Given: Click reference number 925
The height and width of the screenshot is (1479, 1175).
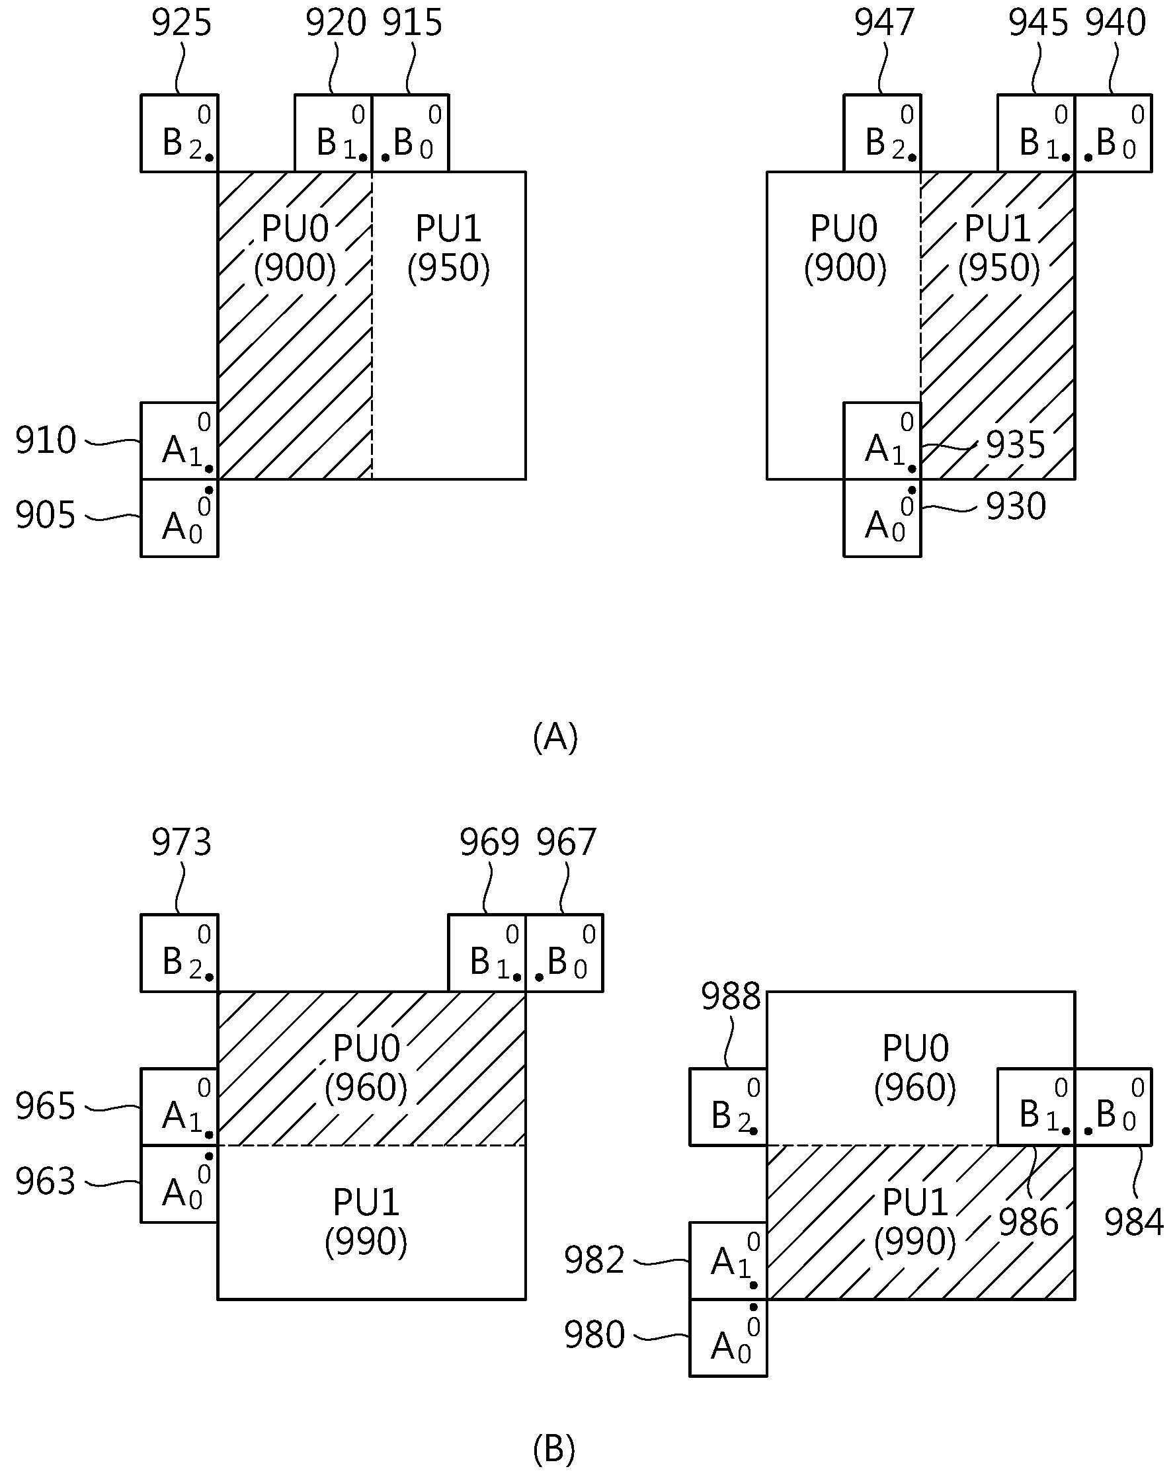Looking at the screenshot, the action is pyautogui.click(x=181, y=23).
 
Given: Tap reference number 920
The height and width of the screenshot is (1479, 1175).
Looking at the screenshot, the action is pyautogui.click(x=335, y=23).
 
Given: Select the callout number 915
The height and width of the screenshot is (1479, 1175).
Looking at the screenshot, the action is pyautogui.click(x=412, y=23).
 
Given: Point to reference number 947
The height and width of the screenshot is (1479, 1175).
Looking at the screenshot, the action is pyautogui.click(x=884, y=23).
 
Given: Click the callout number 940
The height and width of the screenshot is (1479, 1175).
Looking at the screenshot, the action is pyautogui.click(x=1115, y=23).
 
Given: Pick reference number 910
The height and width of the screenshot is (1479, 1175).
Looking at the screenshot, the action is pyautogui.click(x=45, y=440).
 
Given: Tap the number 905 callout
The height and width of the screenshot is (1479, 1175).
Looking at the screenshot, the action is pyautogui.click(x=45, y=515).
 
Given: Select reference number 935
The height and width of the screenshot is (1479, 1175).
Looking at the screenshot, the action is pyautogui.click(x=1016, y=445).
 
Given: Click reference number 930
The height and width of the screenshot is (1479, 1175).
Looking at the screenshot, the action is pyautogui.click(x=1016, y=507).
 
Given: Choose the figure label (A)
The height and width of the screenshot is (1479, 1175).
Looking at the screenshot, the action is pyautogui.click(x=555, y=737).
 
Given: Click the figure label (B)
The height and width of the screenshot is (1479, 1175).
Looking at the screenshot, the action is pyautogui.click(x=553, y=1448).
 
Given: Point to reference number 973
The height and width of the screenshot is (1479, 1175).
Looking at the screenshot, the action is pyautogui.click(x=181, y=842).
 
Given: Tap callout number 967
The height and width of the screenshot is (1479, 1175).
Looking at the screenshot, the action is pyautogui.click(x=566, y=842).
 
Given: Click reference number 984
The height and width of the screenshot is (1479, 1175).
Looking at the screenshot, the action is pyautogui.click(x=1134, y=1222).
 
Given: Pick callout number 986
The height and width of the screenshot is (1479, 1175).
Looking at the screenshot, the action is pyautogui.click(x=1028, y=1222).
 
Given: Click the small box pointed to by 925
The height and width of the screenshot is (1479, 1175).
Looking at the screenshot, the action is pyautogui.click(x=179, y=133).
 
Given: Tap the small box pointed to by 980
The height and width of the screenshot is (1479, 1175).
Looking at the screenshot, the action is pyautogui.click(x=728, y=1338).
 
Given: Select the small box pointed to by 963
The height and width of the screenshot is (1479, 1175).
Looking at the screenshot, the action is pyautogui.click(x=179, y=1184).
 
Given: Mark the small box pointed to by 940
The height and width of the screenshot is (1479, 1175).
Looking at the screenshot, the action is pyautogui.click(x=1114, y=133).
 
